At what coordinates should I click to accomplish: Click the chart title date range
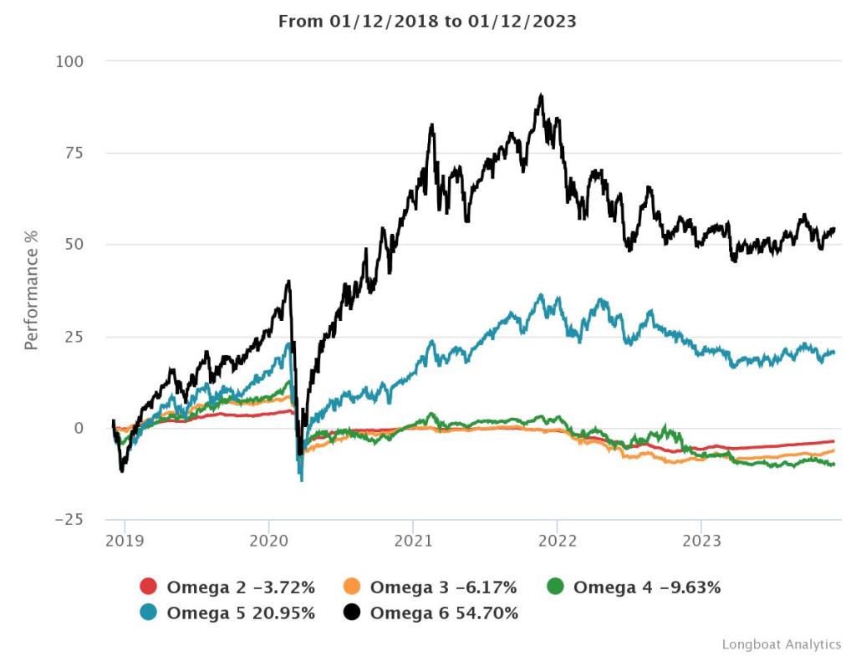pos(427,21)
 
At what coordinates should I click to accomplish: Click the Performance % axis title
pos(31,290)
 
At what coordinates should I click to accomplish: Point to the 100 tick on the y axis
pos(71,61)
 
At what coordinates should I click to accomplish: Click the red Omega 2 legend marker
pos(148,587)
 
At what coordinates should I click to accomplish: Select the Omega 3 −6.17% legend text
pos(444,587)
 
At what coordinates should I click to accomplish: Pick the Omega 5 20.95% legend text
pos(241,613)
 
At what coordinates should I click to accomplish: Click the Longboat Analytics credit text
pos(782,644)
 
